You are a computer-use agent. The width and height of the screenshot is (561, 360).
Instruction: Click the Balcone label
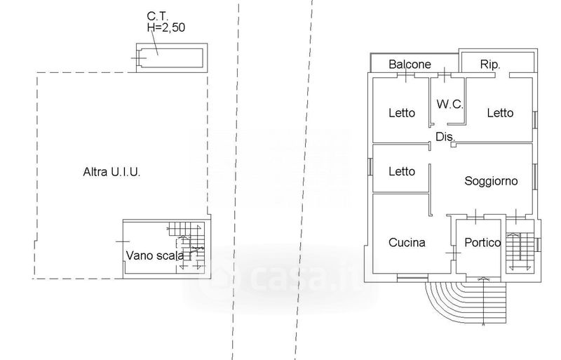pyautogui.click(x=410, y=64)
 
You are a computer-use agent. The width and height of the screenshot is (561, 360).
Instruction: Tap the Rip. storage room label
pyautogui.click(x=489, y=65)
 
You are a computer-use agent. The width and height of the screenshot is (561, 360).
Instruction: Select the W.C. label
pyautogui.click(x=450, y=105)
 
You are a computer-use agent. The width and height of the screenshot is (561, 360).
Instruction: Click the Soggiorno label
pyautogui.click(x=491, y=181)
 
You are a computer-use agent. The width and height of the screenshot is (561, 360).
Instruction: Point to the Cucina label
pyautogui.click(x=407, y=243)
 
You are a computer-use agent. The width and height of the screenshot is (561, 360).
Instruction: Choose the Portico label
pyautogui.click(x=482, y=243)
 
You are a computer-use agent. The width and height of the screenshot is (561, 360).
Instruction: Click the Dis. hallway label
pyautogui.click(x=445, y=136)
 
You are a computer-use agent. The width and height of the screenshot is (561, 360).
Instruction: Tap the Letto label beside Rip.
pyautogui.click(x=500, y=113)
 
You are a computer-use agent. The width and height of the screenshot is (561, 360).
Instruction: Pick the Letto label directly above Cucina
pyautogui.click(x=402, y=171)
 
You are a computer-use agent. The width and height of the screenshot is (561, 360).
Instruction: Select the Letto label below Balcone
pyautogui.click(x=402, y=113)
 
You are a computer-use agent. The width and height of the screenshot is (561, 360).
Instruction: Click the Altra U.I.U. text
pyautogui.click(x=111, y=172)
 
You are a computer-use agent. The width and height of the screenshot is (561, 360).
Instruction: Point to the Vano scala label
pyautogui.click(x=155, y=255)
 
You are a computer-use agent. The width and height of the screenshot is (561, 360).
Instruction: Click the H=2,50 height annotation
pyautogui.click(x=166, y=27)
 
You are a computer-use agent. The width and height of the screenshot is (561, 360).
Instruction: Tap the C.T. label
pyautogui.click(x=157, y=16)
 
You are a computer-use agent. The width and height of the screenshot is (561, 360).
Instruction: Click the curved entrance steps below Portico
pyautogui.click(x=466, y=302)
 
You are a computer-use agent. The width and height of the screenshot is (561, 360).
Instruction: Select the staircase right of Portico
pyautogui.click(x=519, y=251)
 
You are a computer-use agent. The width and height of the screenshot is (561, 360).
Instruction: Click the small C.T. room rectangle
pyautogui.click(x=172, y=58)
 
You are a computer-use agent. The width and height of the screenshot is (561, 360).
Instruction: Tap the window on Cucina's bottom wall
pyautogui.click(x=412, y=276)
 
